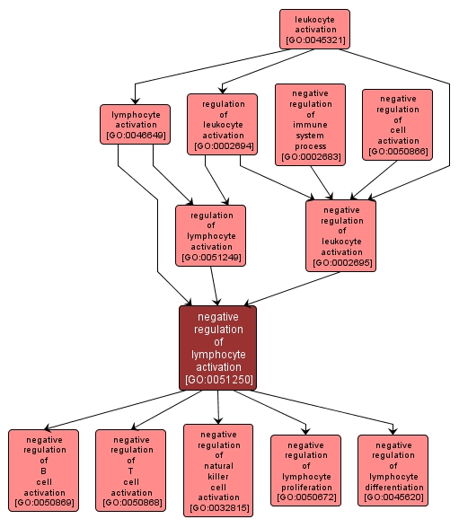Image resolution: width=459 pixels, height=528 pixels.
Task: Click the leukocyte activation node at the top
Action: pyautogui.click(x=314, y=29)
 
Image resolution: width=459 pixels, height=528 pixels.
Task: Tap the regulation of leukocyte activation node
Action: pyautogui.click(x=223, y=124)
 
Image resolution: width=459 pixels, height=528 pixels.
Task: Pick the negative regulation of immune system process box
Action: pyautogui.click(x=310, y=125)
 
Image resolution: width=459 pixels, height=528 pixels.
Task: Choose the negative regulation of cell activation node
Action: pyautogui.click(x=397, y=125)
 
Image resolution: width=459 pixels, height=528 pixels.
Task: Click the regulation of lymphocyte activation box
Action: pyautogui.click(x=211, y=235)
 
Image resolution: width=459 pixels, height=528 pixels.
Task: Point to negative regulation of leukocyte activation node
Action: pyautogui.click(x=340, y=235)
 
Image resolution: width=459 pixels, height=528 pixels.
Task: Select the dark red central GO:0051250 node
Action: pyautogui.click(x=218, y=348)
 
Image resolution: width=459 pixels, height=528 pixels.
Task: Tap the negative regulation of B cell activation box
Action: pyautogui.click(x=43, y=470)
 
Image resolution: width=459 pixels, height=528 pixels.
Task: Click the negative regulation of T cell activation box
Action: pyautogui.click(x=131, y=470)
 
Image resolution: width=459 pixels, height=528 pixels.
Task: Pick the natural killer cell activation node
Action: pyautogui.click(x=218, y=470)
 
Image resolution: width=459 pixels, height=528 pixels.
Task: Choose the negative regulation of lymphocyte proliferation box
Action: pyautogui.click(x=305, y=470)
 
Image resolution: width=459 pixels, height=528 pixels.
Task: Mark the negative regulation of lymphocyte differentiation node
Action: pyautogui.click(x=393, y=470)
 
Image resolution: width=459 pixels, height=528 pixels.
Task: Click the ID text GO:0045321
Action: pyautogui.click(x=314, y=40)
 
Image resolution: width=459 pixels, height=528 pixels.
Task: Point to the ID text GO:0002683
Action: pyautogui.click(x=310, y=157)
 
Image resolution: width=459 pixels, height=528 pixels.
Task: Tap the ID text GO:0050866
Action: pyautogui.click(x=397, y=152)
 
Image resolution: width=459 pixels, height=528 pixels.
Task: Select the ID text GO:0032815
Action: pyautogui.click(x=218, y=509)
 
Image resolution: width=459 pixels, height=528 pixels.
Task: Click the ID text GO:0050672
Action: pyautogui.click(x=305, y=497)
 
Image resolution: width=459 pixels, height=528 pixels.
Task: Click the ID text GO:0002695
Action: pyautogui.click(x=340, y=263)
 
